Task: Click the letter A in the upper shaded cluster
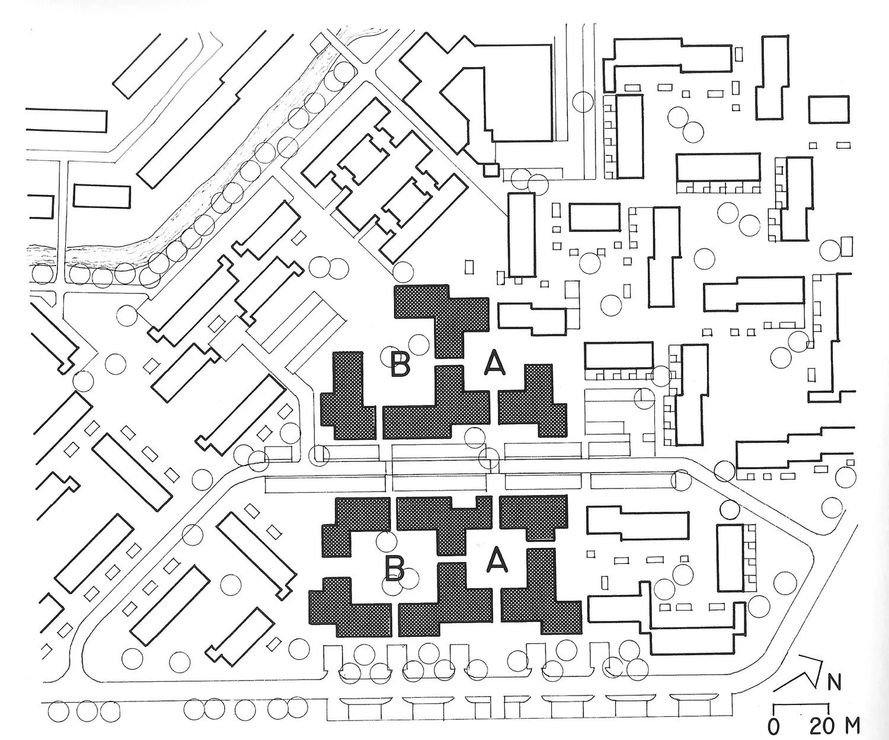(x=495, y=363)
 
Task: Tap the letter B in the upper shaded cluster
(x=400, y=363)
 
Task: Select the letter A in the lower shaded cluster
(x=496, y=559)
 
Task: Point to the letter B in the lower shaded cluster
(x=395, y=568)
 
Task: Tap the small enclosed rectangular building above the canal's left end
(x=101, y=196)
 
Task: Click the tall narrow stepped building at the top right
(x=773, y=77)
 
